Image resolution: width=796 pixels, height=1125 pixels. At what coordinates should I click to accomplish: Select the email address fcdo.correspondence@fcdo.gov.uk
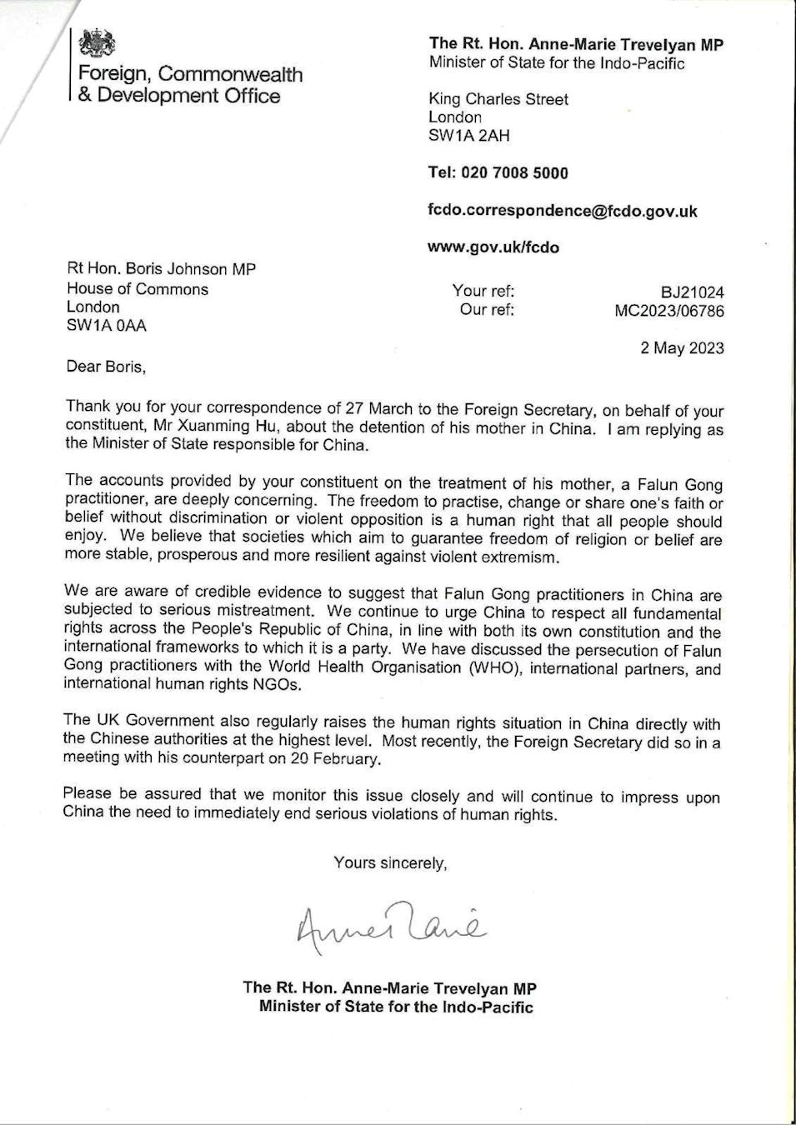pos(563,211)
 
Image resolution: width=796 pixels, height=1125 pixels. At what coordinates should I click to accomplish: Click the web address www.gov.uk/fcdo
pos(493,247)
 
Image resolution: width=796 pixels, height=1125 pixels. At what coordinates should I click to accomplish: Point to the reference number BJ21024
pos(692,292)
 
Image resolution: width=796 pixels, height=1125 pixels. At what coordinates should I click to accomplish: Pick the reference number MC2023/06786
pos(668,311)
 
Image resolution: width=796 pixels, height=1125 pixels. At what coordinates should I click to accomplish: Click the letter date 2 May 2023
pos(682,348)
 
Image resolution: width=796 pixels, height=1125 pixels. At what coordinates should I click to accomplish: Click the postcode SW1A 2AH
pos(468,136)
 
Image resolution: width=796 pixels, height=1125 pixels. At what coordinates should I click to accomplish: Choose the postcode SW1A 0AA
pos(107,326)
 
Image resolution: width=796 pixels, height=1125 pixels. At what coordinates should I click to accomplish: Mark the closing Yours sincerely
pos(390,863)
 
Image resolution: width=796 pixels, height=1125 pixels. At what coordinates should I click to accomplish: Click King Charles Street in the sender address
pos(498,99)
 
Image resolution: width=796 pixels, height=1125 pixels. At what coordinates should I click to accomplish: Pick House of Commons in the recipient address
pos(138,289)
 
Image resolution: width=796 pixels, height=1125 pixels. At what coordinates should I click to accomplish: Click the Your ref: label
pos(483,291)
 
